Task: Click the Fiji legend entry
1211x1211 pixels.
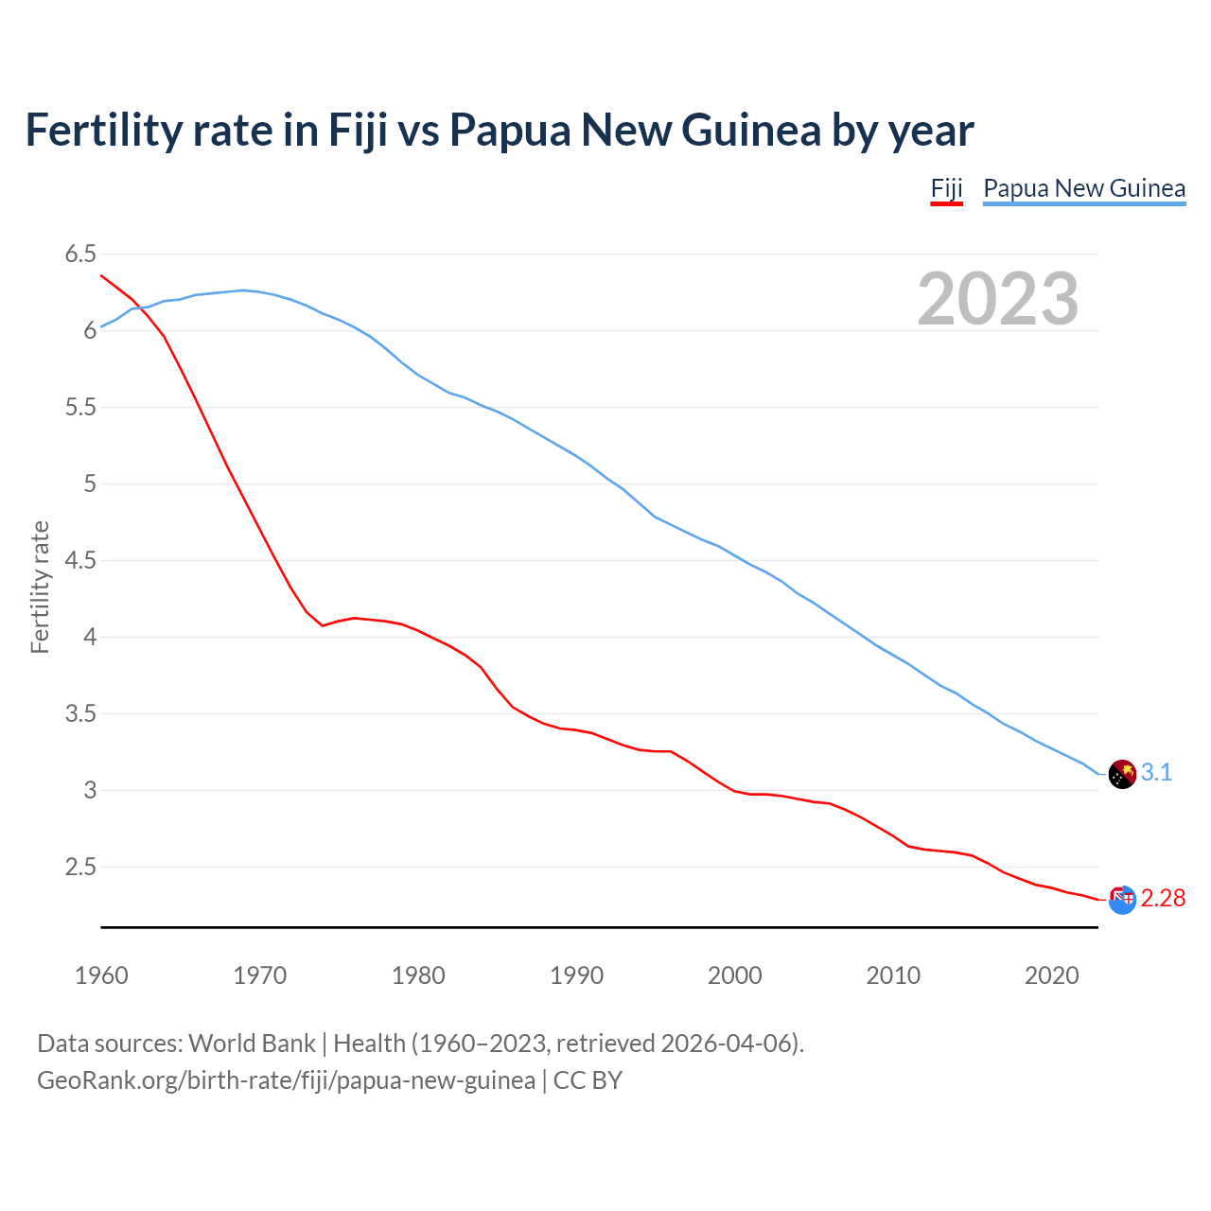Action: [x=946, y=188]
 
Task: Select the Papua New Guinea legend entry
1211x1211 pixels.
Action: [x=1084, y=188]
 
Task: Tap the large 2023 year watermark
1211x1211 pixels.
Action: [x=998, y=299]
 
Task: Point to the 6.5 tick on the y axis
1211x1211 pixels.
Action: [x=80, y=254]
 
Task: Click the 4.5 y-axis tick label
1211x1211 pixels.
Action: [x=80, y=560]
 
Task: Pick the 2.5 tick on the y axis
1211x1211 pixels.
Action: [x=80, y=867]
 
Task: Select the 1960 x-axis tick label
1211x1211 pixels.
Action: [x=101, y=975]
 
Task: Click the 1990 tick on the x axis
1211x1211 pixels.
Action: [x=576, y=975]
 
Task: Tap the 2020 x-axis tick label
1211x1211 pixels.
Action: [x=1051, y=975]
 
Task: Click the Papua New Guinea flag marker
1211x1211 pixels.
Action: [x=1121, y=774]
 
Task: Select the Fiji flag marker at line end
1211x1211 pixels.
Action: [x=1121, y=900]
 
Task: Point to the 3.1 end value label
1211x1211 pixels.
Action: [x=1156, y=773]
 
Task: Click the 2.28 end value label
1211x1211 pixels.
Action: [x=1163, y=898]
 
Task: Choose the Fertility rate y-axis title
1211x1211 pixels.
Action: [x=40, y=587]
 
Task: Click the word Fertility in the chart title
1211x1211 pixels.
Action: [x=103, y=130]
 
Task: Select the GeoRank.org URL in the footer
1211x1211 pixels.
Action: [x=286, y=1080]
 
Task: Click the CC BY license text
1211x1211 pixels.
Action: [x=588, y=1080]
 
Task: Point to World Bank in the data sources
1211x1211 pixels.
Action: [x=252, y=1044]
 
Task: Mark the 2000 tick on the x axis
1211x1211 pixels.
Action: [x=734, y=975]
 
